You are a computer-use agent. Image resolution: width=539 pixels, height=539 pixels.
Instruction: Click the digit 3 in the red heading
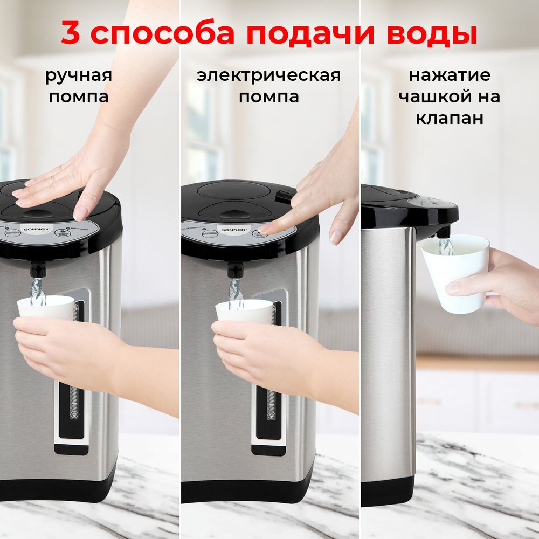(x=71, y=33)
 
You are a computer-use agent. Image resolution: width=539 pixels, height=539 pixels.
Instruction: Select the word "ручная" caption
(x=79, y=75)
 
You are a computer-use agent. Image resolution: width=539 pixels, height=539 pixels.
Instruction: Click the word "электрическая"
(x=268, y=75)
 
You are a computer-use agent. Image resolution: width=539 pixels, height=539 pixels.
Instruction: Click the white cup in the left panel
(x=46, y=309)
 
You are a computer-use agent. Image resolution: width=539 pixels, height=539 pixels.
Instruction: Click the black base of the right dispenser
(x=388, y=490)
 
